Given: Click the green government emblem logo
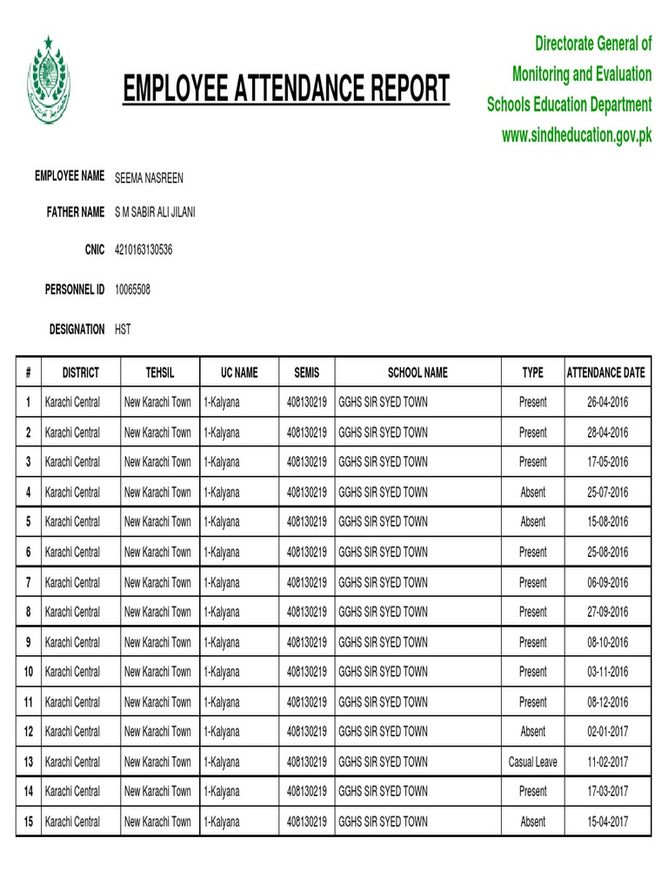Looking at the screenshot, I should point(51,81).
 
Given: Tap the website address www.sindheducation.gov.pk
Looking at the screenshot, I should point(577,135).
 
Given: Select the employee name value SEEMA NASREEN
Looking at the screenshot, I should point(149,178).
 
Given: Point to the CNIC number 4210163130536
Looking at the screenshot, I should point(144,251).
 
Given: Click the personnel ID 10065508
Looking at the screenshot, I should point(132,289).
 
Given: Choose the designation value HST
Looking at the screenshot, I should point(123,330).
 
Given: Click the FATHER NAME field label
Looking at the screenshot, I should point(76,212).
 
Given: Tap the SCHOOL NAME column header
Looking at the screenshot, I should point(417,372).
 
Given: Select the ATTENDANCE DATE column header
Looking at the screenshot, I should point(606,372).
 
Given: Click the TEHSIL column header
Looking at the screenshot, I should point(160,372).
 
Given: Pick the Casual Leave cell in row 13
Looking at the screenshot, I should point(533,762).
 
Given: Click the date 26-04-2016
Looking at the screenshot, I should point(607,402).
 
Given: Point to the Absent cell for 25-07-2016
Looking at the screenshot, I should point(533,492).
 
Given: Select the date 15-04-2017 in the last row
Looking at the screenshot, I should point(607,821).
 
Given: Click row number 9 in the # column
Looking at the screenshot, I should point(29,642).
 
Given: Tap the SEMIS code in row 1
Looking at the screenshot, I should point(307,402).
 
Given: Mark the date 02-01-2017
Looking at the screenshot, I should point(607,732).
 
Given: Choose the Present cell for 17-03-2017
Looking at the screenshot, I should point(533,792).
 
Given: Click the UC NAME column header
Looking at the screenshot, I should point(239,372).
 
